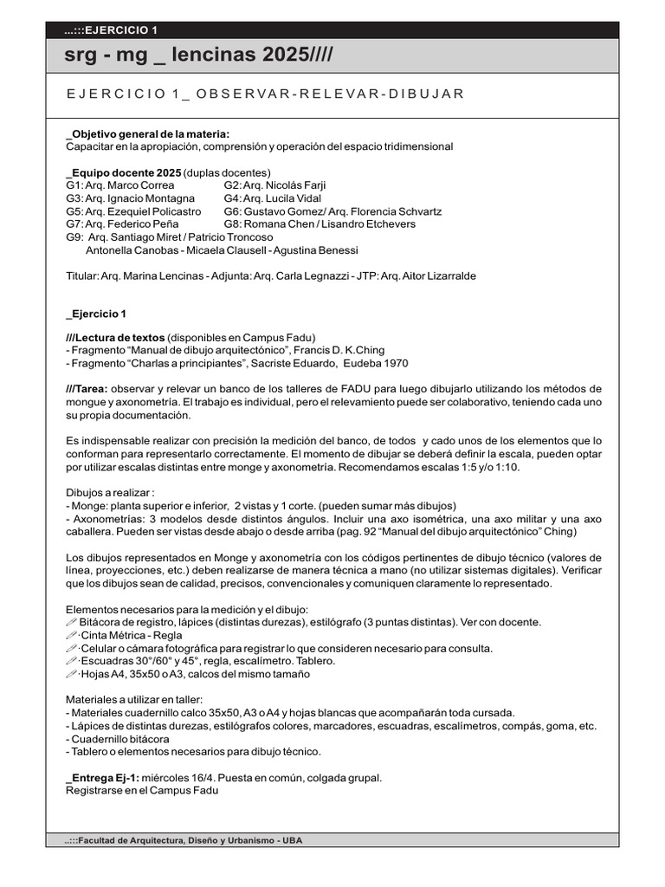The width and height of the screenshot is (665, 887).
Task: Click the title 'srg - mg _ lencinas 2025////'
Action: tap(198, 55)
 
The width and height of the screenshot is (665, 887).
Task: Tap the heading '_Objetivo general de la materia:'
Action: tap(148, 133)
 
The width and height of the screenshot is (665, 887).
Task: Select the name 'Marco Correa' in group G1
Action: tap(142, 185)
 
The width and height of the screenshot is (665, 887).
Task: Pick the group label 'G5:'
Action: tap(74, 211)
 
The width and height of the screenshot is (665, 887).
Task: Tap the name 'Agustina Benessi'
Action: tap(315, 250)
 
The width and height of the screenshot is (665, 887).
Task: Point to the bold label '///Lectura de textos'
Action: tap(115, 337)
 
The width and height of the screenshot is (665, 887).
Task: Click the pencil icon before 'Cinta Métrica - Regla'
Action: tap(72, 635)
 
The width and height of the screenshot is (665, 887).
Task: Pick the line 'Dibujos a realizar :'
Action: tap(110, 493)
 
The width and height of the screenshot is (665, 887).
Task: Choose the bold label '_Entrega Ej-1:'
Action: tap(100, 778)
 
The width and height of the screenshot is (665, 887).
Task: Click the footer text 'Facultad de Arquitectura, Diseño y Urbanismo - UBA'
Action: tap(184, 841)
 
